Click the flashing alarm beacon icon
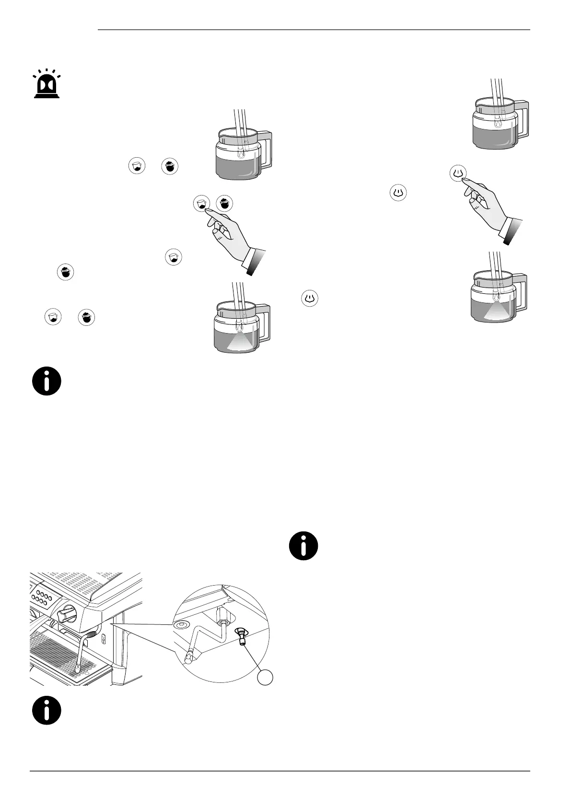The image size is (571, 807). coord(47,86)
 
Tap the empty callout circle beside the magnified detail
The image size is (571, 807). coord(265,677)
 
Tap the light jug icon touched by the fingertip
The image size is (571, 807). coord(201,203)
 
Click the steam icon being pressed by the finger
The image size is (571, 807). coord(459,173)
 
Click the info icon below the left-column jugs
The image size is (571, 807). coord(47,381)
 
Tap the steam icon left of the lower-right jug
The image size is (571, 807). coord(310,298)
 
